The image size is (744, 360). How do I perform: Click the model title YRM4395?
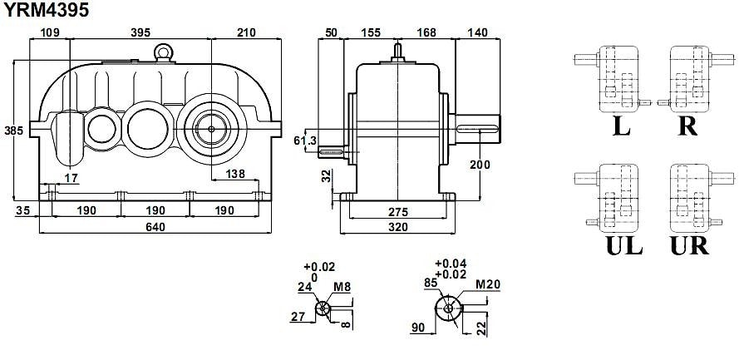[x=44, y=11]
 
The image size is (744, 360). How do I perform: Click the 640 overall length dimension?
[x=156, y=227]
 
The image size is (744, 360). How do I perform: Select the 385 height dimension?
[x=12, y=131]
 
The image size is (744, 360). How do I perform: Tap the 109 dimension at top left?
[x=50, y=32]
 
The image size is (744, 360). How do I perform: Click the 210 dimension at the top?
[x=245, y=32]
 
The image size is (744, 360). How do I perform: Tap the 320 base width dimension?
[x=401, y=227]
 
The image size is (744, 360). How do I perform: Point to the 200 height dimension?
[x=480, y=165]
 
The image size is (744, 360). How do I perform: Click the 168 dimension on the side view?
[x=426, y=32]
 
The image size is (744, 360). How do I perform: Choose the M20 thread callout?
[x=488, y=285]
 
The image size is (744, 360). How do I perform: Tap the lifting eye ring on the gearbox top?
[x=164, y=52]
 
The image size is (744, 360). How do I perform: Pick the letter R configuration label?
[x=687, y=126]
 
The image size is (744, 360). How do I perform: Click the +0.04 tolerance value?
[x=451, y=264]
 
